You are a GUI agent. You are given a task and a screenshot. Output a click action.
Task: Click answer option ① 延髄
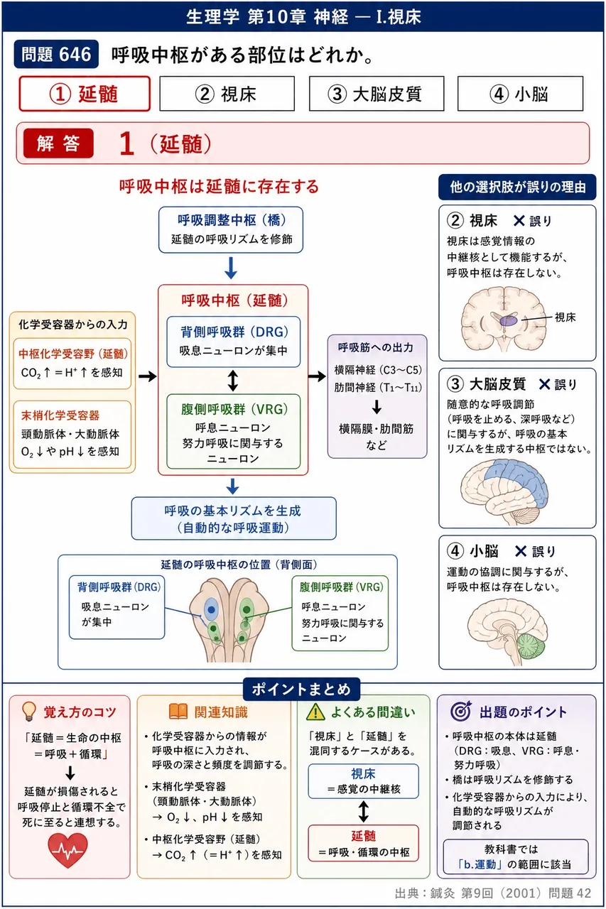(x=85, y=94)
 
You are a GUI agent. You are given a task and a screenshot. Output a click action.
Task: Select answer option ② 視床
(x=227, y=94)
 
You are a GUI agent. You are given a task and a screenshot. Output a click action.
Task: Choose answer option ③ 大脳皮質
(x=377, y=94)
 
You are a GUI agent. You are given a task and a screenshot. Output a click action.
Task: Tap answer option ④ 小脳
(x=520, y=94)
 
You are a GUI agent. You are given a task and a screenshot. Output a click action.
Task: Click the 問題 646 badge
(x=56, y=54)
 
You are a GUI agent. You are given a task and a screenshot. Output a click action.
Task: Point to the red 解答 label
(x=58, y=143)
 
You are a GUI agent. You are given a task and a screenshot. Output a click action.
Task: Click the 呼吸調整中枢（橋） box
(x=231, y=229)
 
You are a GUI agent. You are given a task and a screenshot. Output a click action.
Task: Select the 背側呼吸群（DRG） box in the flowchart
(x=234, y=342)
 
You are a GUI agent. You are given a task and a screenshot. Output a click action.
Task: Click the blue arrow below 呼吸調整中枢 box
(x=231, y=268)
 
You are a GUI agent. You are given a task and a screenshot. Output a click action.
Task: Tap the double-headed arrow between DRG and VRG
(x=232, y=381)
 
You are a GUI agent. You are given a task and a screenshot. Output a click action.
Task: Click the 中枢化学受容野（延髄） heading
(x=73, y=354)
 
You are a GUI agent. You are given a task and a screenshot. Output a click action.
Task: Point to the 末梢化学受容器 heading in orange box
(x=60, y=415)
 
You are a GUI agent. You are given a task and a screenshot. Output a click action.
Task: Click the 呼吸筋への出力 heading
(x=375, y=347)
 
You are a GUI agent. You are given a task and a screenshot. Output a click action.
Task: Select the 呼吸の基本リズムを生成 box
(x=234, y=518)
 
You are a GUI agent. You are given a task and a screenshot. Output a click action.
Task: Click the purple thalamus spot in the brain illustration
(x=509, y=321)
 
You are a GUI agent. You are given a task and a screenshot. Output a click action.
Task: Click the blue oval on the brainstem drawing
(x=211, y=609)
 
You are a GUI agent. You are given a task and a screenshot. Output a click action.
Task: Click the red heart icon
(x=67, y=850)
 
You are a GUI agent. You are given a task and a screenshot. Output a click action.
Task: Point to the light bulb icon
(x=29, y=712)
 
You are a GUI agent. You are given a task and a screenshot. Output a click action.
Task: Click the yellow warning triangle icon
(x=315, y=712)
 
